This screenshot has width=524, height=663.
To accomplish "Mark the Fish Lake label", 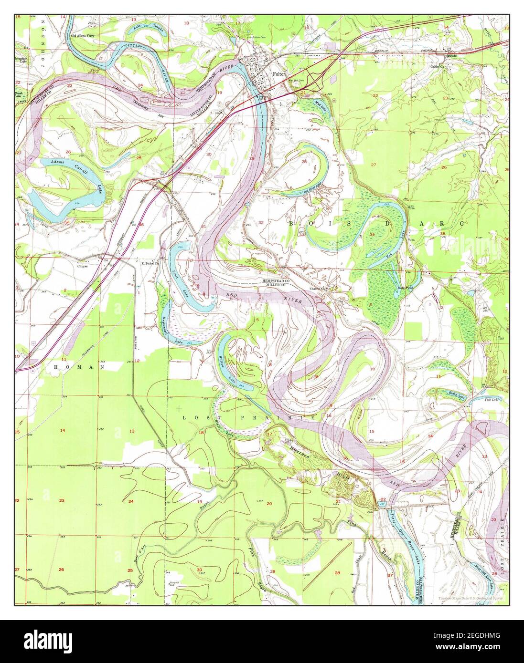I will (492, 399).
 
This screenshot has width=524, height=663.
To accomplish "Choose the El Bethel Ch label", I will (150, 262).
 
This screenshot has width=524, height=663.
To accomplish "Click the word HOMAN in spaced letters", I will (86, 367).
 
